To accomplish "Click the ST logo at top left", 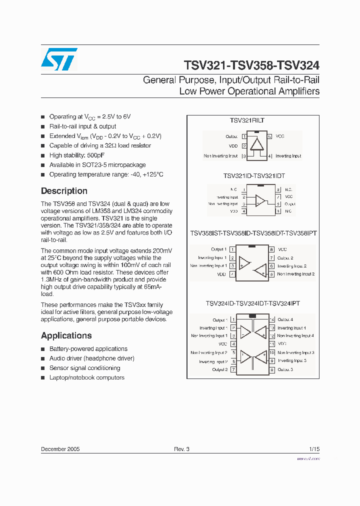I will [59, 59].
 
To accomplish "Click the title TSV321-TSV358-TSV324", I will [251, 65].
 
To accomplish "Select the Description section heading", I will [64, 191].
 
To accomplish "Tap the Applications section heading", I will [66, 335].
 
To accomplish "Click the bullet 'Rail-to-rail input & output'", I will [82, 126].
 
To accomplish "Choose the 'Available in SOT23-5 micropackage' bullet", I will [97, 165].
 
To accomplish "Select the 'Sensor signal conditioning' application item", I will [84, 368].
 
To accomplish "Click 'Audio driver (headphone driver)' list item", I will [91, 358].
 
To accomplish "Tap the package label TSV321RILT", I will [247, 120].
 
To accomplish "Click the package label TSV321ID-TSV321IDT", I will [254, 176].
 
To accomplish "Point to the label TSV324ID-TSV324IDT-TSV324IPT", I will [253, 303].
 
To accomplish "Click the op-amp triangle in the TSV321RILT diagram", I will [257, 144].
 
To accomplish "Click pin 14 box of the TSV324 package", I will [272, 320].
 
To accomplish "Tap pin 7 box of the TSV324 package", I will [233, 370].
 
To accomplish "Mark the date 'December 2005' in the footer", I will [60, 449].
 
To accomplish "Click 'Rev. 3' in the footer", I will [181, 449].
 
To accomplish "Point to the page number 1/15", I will [314, 449].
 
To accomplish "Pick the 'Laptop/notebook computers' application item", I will [86, 377].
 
